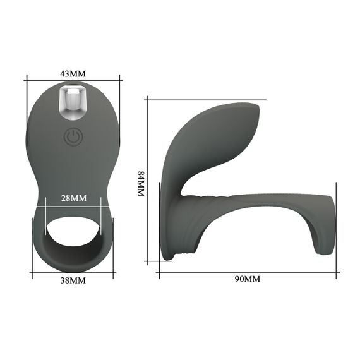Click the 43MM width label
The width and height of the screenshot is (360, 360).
[73, 74]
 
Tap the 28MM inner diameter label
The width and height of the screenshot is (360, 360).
[73, 198]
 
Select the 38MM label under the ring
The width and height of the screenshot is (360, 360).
[73, 280]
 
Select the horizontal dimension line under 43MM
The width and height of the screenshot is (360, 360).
[73, 80]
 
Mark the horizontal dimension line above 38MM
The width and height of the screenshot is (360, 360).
[73, 272]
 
